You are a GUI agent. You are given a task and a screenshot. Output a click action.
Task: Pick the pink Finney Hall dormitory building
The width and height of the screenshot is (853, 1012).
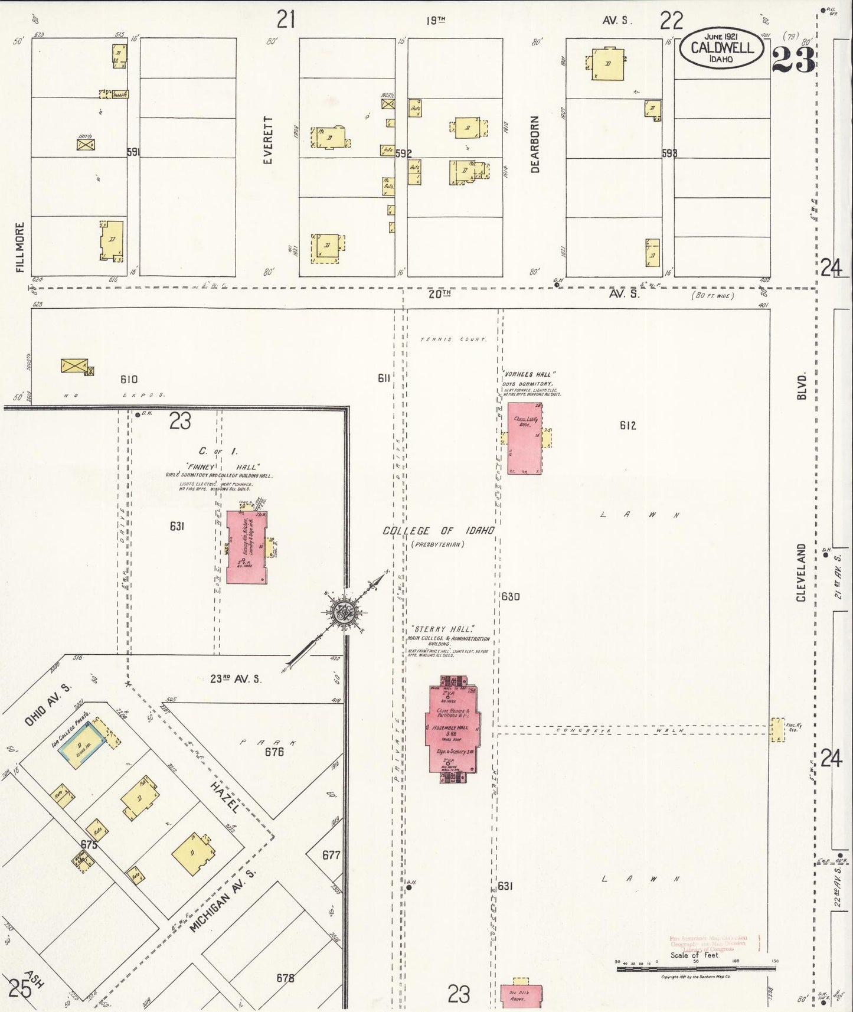tap(247, 547)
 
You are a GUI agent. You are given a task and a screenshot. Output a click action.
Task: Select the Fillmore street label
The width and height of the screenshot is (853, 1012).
tap(20, 247)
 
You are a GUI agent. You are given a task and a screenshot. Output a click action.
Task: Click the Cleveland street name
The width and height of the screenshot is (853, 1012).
tap(801, 573)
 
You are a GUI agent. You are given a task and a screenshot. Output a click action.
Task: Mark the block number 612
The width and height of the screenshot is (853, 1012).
tap(628, 425)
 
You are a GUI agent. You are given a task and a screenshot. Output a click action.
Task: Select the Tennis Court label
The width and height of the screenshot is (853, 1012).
tap(453, 339)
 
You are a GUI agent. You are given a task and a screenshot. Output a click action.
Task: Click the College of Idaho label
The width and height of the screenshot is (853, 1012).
tap(438, 531)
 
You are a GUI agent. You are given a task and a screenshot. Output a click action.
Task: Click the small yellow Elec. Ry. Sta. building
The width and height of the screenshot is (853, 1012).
tap(777, 730)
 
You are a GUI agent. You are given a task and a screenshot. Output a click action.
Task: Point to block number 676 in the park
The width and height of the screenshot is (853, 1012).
tap(274, 752)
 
